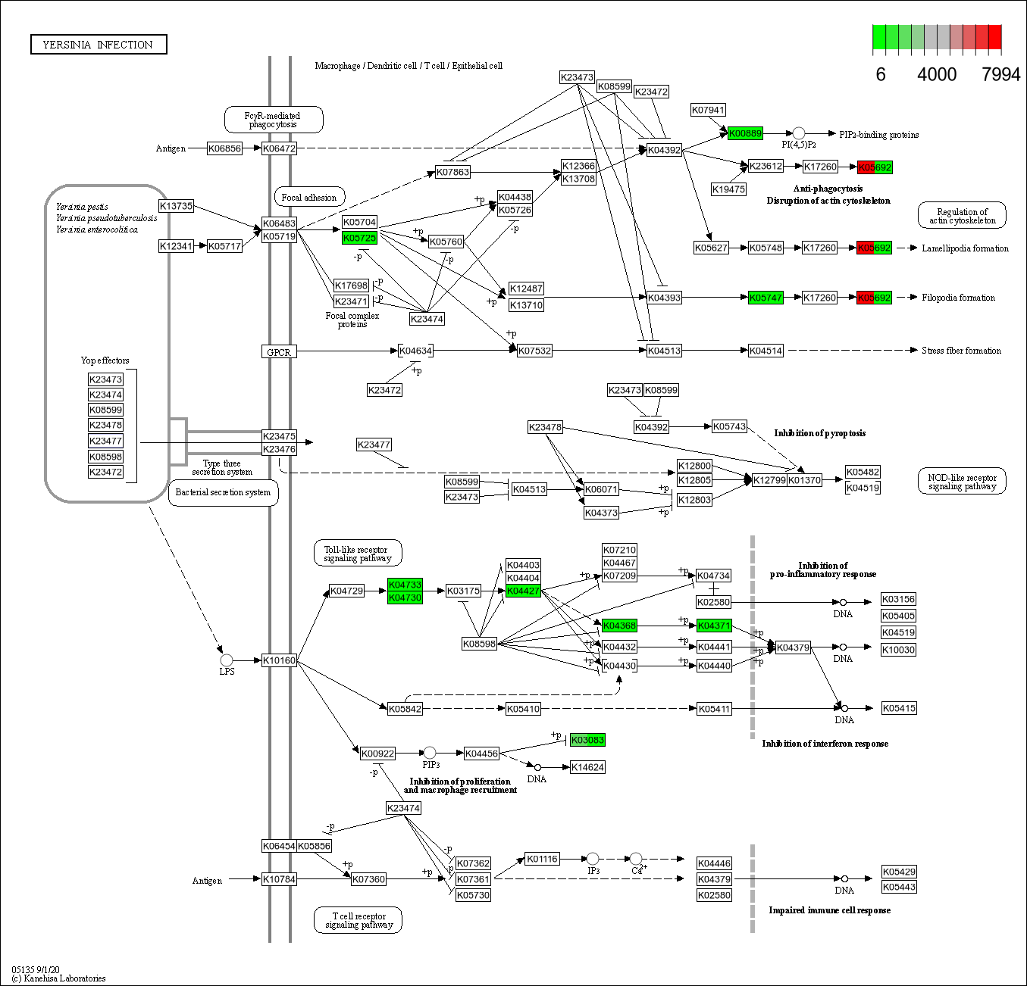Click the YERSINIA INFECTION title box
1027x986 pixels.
coord(99,45)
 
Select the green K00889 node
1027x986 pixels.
coord(745,133)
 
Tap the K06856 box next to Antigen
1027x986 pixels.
coord(224,148)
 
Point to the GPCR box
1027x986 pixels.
coord(279,352)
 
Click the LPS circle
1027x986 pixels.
coord(227,660)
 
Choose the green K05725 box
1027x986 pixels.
coord(359,238)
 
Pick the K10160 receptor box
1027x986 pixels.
coord(279,660)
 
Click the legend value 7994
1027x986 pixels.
coord(1000,74)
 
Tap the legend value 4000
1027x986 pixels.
coord(937,74)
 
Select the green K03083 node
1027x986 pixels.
coord(587,740)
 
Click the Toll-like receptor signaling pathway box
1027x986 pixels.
coord(357,554)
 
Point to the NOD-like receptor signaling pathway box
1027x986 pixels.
coord(962,482)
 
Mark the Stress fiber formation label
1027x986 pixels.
coord(961,351)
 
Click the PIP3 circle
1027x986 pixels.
coord(430,753)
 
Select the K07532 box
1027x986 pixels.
coord(534,351)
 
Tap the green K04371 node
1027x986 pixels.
coord(714,626)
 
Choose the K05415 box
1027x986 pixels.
coord(899,708)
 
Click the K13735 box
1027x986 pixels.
coord(176,206)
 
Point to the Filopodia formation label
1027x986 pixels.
coord(958,298)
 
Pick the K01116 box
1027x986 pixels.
coord(542,859)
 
